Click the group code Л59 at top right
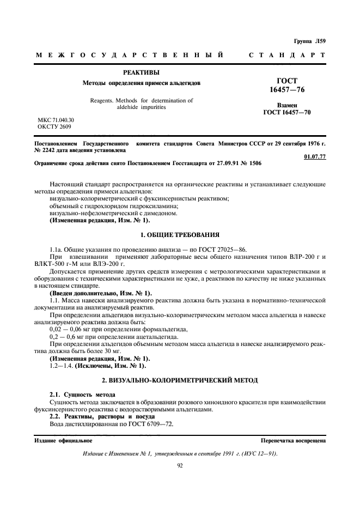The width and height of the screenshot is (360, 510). tap(319, 41)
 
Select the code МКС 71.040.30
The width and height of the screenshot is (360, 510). tap(56, 119)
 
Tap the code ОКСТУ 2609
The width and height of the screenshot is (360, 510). tap(54, 126)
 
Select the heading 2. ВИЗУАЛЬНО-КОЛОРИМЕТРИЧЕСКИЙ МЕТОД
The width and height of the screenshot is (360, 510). tap(180, 378)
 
